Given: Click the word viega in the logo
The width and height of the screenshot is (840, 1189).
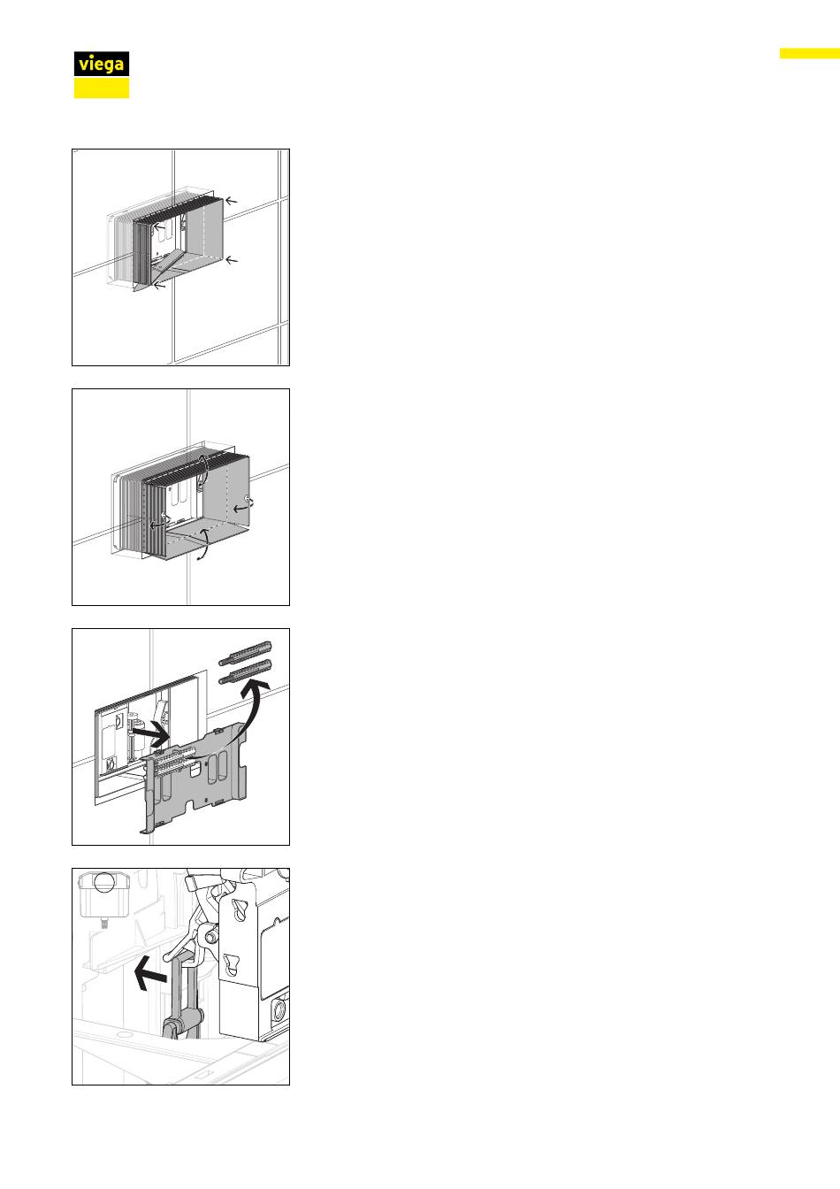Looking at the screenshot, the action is [x=101, y=65].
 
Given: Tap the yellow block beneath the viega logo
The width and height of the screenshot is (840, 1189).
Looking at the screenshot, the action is [x=102, y=88].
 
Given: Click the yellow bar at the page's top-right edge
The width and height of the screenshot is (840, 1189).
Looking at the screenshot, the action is [x=810, y=53].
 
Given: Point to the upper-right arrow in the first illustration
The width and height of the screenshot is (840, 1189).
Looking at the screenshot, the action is [x=231, y=201].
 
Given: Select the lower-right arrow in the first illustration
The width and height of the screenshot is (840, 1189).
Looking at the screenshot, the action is [x=232, y=260].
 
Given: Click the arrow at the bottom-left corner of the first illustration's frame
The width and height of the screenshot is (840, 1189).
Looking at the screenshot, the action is [x=159, y=286].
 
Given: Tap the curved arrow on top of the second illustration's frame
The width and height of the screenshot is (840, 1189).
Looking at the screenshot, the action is [x=202, y=470].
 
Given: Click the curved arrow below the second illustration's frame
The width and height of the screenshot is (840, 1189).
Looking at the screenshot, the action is [x=203, y=544].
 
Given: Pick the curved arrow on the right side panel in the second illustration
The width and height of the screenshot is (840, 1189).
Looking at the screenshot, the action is [x=243, y=505].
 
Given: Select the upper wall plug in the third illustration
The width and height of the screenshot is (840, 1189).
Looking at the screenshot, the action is [x=245, y=653].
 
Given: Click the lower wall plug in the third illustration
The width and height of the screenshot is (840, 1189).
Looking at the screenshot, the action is [x=245, y=671].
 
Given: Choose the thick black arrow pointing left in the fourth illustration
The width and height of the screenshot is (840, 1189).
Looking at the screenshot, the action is [x=150, y=974].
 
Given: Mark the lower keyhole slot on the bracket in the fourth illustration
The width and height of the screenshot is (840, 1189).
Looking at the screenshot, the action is [x=232, y=964].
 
